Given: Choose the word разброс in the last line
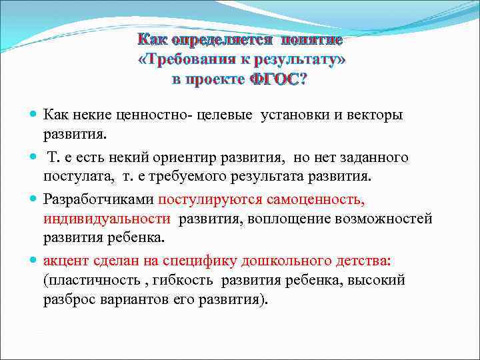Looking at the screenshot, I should (68, 300).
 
